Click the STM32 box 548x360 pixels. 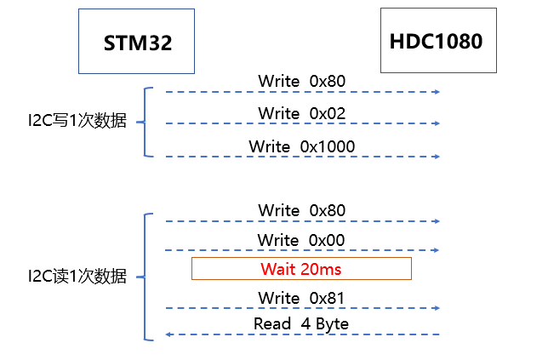click(137, 42)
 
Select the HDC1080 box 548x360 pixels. click(436, 41)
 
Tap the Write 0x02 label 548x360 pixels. click(302, 113)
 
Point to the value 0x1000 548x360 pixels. click(328, 146)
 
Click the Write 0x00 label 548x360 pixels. click(302, 240)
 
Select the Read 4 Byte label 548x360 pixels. click(301, 323)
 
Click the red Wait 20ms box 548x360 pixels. click(301, 269)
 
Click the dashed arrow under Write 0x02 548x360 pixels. click(302, 124)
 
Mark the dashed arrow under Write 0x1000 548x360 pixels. click(302, 157)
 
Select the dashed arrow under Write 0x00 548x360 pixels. click(302, 250)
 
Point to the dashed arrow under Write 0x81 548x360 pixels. click(302, 308)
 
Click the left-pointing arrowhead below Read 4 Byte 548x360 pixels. click(168, 334)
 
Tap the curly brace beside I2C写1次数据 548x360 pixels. click(146, 122)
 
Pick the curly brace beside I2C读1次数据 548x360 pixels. click(146, 277)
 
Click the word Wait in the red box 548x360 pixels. click(277, 269)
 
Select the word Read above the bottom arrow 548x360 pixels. click(271, 323)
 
